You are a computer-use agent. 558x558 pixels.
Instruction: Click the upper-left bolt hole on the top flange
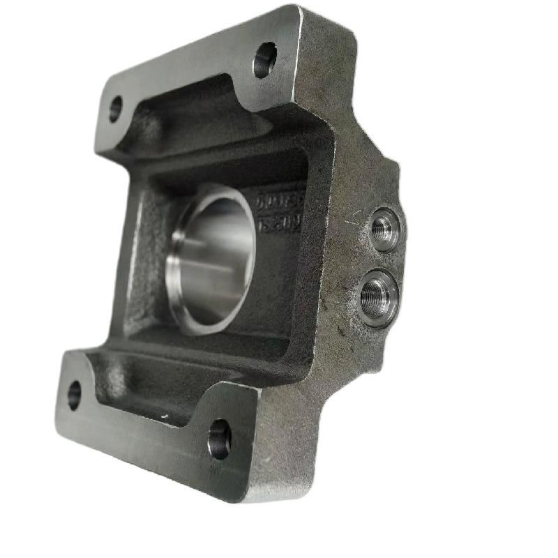pos(115,108)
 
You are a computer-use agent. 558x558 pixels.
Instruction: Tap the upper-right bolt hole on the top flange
pos(264,60)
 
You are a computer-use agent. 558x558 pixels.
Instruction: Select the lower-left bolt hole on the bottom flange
pos(74,395)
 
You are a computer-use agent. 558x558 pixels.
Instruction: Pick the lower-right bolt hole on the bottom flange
pos(219,439)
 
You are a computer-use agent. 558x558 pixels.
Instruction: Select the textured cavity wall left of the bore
pos(143,265)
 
